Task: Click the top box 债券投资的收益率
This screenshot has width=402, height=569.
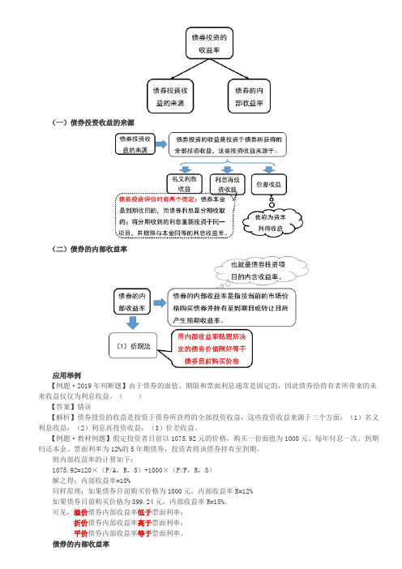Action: tap(209, 43)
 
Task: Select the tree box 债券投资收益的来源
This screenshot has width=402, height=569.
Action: tap(170, 96)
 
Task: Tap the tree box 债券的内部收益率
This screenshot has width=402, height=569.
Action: tap(249, 96)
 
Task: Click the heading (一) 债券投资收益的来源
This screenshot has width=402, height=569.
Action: tap(93, 122)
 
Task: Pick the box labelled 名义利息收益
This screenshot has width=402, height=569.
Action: tap(184, 184)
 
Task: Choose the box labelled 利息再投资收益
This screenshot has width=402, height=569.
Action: tap(227, 184)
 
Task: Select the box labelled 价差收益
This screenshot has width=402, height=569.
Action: tap(269, 184)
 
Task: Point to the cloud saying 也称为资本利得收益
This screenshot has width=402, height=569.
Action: tap(272, 222)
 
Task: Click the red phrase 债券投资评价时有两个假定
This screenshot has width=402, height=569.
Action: tap(156, 199)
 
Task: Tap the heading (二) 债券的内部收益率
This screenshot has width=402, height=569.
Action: tap(90, 250)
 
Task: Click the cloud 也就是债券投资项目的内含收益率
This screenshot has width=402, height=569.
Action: tap(260, 270)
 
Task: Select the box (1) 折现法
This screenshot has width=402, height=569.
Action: tap(133, 346)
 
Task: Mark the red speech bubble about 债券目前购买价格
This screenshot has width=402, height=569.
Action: tap(212, 349)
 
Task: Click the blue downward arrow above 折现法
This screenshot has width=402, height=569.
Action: tap(133, 323)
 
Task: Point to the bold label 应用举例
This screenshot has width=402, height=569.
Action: tap(66, 375)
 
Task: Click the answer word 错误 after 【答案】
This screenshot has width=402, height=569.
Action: tap(84, 407)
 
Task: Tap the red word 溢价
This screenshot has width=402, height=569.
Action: tap(81, 512)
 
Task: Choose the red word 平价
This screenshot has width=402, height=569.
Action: tap(81, 533)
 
